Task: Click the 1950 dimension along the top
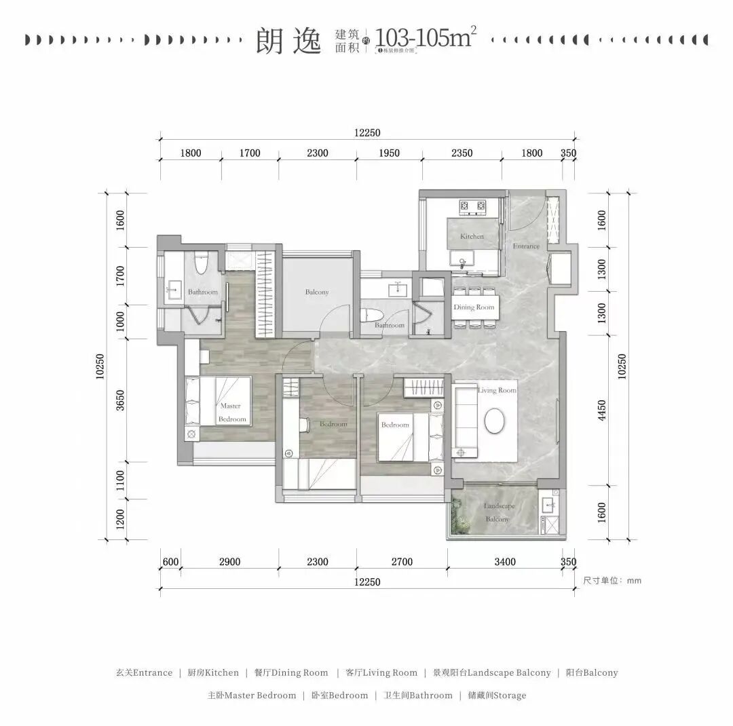388,153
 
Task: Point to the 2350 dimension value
462,153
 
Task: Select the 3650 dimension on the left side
121,401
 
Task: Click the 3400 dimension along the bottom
505,562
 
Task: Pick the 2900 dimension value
229,562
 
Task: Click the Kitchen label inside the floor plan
472,237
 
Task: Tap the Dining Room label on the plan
474,307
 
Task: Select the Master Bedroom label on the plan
231,413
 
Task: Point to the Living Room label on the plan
497,390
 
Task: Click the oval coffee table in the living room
495,421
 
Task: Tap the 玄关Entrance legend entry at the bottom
143,673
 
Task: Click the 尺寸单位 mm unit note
612,581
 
